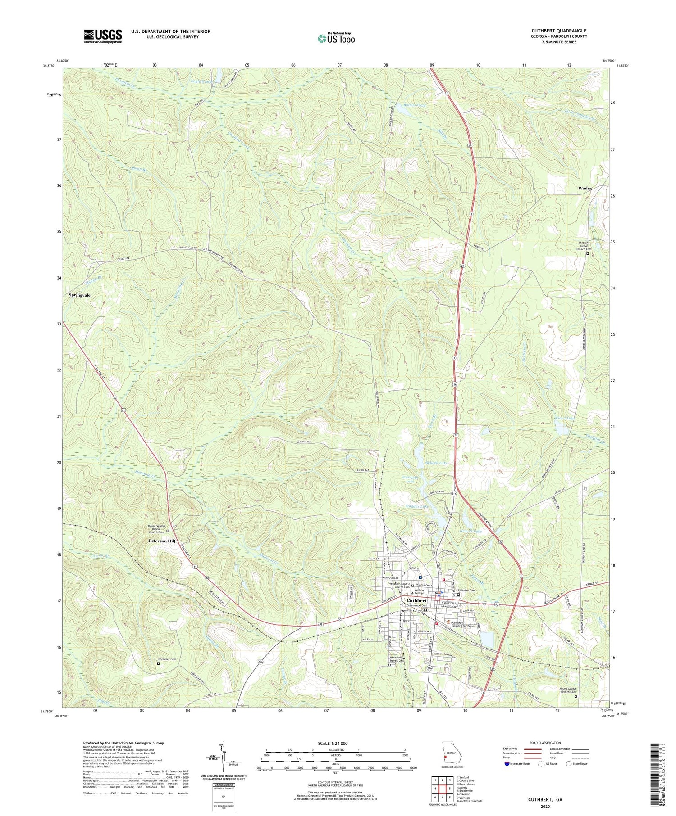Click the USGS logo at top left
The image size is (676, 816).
103,36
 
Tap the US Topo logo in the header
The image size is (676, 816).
336,39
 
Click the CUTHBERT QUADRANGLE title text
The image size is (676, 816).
559,31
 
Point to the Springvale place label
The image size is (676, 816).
79,295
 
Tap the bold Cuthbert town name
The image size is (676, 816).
416,600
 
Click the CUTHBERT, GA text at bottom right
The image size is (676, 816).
545,800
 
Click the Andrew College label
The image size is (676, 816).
420,592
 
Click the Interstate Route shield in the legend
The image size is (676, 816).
507,764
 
